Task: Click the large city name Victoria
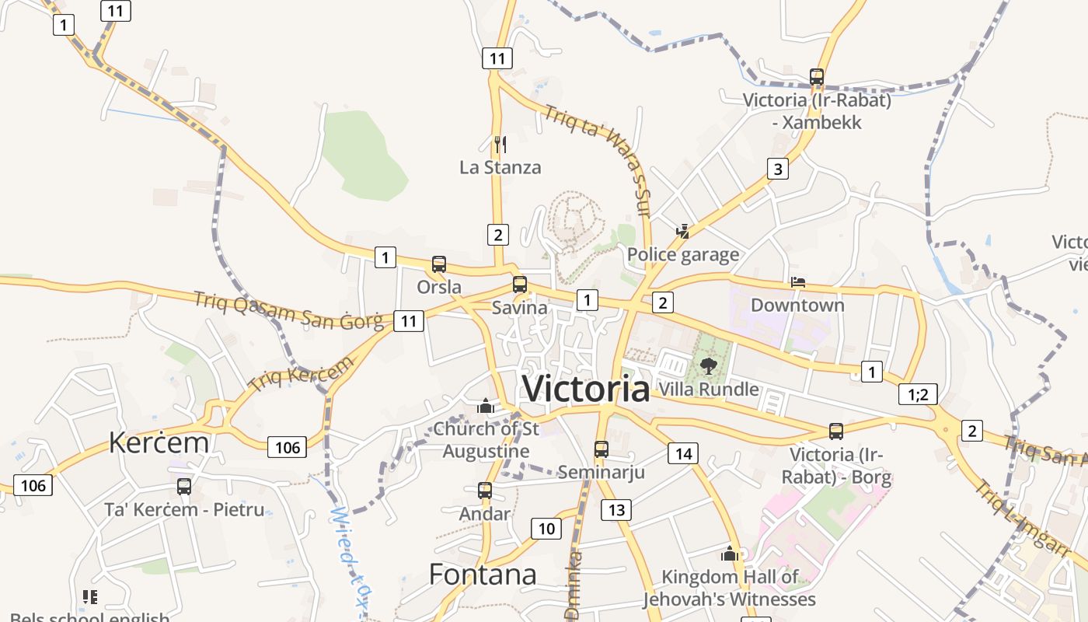(586, 389)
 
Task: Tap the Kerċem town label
(159, 442)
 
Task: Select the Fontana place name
(483, 575)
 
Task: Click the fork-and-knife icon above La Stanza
(500, 144)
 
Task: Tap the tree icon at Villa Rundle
(707, 365)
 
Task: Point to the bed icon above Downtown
(797, 282)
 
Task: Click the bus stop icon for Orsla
(439, 264)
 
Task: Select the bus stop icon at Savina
(519, 285)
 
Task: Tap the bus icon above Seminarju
(601, 449)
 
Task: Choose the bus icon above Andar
(484, 491)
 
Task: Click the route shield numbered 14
(682, 453)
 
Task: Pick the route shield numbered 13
(615, 510)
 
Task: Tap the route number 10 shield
(546, 529)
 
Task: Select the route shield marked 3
(777, 169)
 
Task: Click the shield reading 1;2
(918, 394)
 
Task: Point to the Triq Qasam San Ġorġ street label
(288, 309)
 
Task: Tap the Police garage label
(683, 254)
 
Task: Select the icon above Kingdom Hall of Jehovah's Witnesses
(729, 554)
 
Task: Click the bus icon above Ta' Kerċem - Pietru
(184, 487)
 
